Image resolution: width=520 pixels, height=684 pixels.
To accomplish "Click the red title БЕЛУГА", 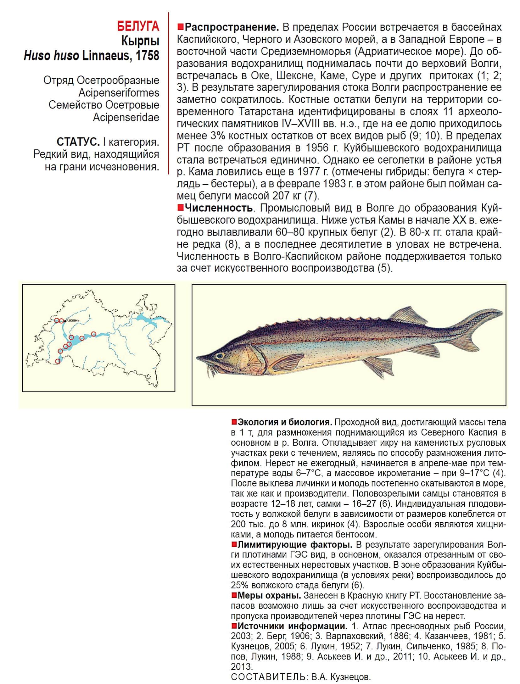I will [x=138, y=26].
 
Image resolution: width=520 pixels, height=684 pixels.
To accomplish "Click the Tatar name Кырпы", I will [x=140, y=41].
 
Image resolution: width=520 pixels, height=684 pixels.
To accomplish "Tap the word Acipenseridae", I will [x=126, y=117].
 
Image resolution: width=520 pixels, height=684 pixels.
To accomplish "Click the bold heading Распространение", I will [x=232, y=27].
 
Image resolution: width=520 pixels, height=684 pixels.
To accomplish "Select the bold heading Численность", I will [x=219, y=208].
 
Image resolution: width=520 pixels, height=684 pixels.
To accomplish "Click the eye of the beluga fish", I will [x=219, y=356].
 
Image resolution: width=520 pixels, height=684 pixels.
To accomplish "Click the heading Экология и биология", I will [x=285, y=422].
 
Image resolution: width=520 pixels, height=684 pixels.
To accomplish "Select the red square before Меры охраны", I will [x=234, y=595].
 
